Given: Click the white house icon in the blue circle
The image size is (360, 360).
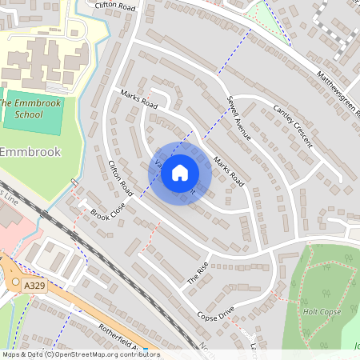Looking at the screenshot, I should (180, 173).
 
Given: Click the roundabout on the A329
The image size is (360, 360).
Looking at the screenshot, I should (16, 285).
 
